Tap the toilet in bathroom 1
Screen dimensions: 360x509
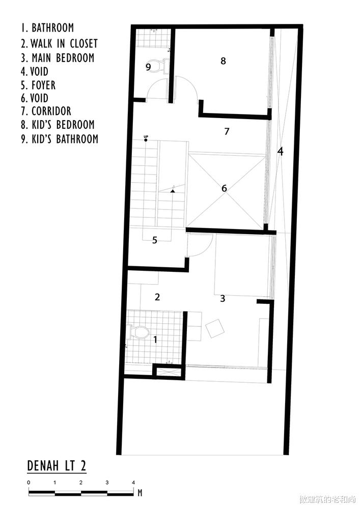[x=139, y=332]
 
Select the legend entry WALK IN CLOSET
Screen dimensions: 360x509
[x=59, y=43]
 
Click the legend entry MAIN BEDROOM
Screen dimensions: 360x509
[x=58, y=58]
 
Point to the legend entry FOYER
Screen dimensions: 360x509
[x=38, y=85]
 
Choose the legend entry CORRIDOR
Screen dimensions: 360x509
[x=46, y=111]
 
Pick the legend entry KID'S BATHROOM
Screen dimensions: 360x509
[x=60, y=139]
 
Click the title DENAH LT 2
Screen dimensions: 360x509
[x=57, y=466]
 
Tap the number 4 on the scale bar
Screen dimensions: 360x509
[x=133, y=483]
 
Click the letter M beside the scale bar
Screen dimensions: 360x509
[x=140, y=492]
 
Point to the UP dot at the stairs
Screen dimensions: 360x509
[x=146, y=140]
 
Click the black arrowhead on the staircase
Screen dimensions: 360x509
[x=173, y=191]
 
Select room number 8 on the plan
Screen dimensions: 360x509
[x=223, y=61]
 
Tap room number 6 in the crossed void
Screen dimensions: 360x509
[x=224, y=188]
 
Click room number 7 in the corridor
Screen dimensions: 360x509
[x=227, y=131]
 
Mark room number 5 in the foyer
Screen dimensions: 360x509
[x=155, y=240]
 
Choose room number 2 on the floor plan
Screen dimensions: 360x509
[x=157, y=297]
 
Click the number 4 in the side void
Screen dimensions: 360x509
[x=280, y=151]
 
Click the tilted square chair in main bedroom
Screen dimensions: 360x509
[x=214, y=328]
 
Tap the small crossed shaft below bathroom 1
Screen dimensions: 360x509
[x=169, y=372]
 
